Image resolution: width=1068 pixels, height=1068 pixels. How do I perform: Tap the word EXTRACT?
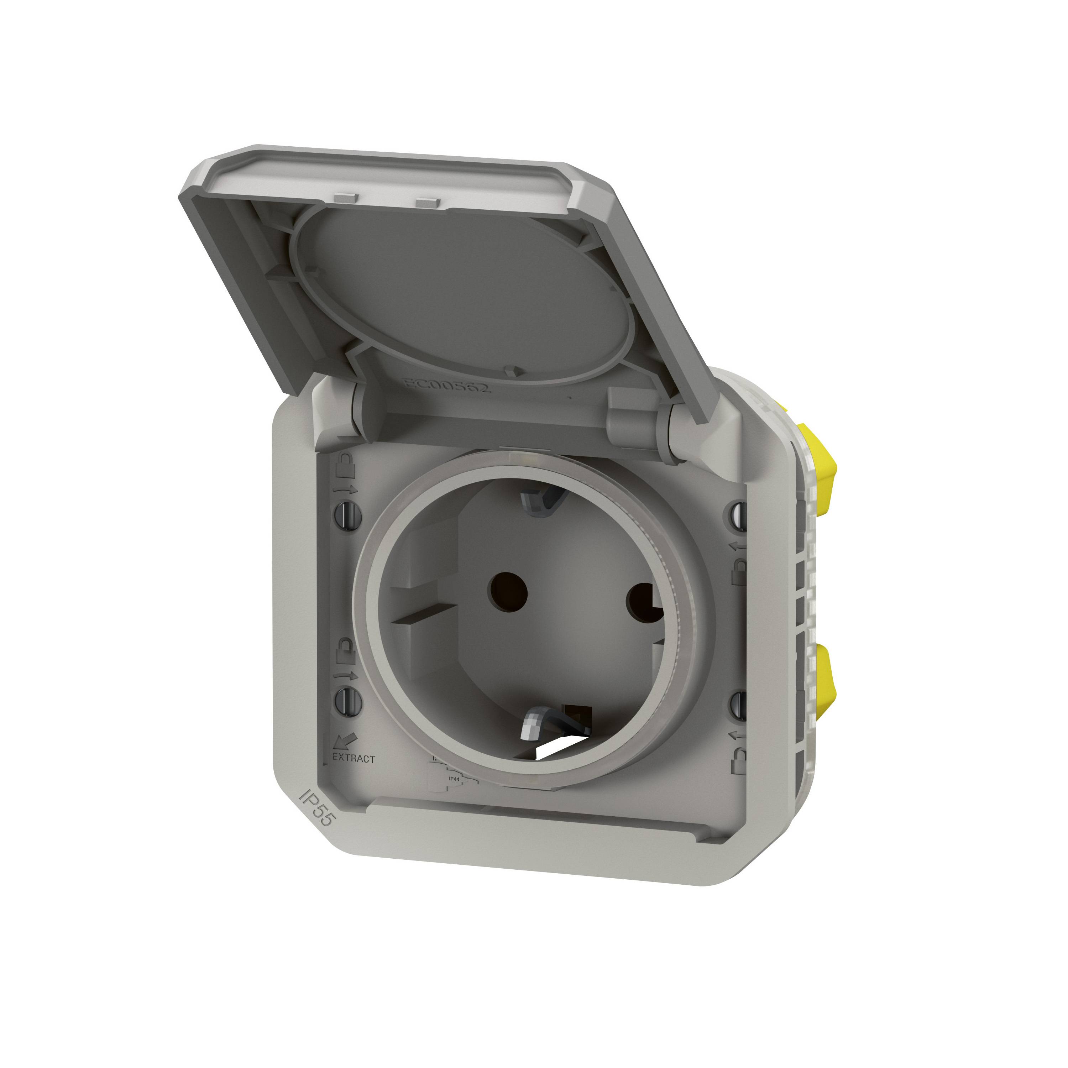coord(354,759)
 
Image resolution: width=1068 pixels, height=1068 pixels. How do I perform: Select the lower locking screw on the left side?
coord(348,701)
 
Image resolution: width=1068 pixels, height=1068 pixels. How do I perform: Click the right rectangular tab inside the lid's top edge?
coord(427,203)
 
